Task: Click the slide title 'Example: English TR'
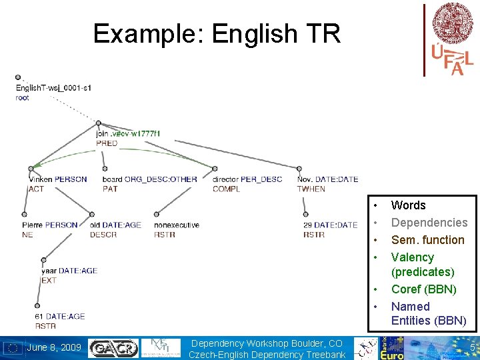click(x=217, y=33)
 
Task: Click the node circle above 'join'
click(x=99, y=123)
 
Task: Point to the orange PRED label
click(x=107, y=143)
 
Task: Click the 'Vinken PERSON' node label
click(x=57, y=179)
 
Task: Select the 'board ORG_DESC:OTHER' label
click(x=150, y=179)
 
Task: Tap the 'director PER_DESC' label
click(x=247, y=179)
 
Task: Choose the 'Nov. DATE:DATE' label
click(x=327, y=179)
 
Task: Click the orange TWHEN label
click(x=311, y=189)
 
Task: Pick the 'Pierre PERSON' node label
click(x=49, y=225)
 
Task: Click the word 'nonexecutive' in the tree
click(x=177, y=225)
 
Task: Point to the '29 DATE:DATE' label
click(x=330, y=225)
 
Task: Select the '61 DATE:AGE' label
click(x=60, y=317)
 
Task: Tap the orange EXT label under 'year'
click(x=49, y=281)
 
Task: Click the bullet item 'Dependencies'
click(x=429, y=223)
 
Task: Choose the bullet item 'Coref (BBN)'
click(x=424, y=289)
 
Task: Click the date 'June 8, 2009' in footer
click(x=54, y=347)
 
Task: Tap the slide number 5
click(x=472, y=347)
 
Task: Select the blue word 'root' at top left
click(x=23, y=98)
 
